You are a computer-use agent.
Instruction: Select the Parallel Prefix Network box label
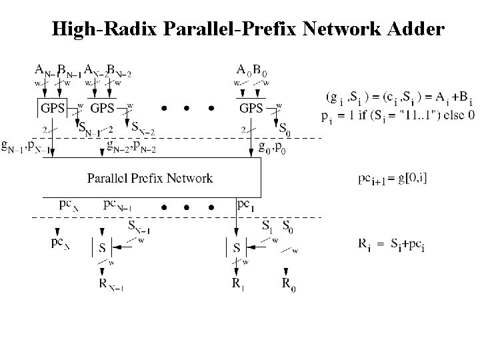click(x=150, y=178)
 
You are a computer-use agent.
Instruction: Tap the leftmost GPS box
click(x=53, y=108)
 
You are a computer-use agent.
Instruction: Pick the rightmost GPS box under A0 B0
click(x=251, y=108)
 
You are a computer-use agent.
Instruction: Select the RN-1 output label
click(x=111, y=286)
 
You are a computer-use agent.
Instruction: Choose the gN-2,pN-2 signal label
click(x=132, y=147)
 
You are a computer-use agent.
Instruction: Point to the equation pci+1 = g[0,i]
click(x=391, y=179)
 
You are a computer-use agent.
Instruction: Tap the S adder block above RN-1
click(x=101, y=248)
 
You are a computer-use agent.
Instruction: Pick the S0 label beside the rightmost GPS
click(x=284, y=127)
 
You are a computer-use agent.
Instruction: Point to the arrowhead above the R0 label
click(x=285, y=271)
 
